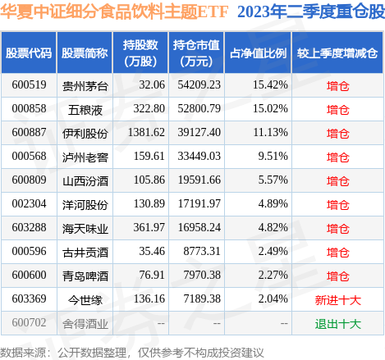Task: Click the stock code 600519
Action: tap(28, 84)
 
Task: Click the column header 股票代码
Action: tap(28, 52)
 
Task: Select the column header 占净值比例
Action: tap(257, 52)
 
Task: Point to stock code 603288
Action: tap(28, 228)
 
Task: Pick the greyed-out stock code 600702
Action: tap(28, 324)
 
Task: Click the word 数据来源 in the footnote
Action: tap(25, 351)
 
